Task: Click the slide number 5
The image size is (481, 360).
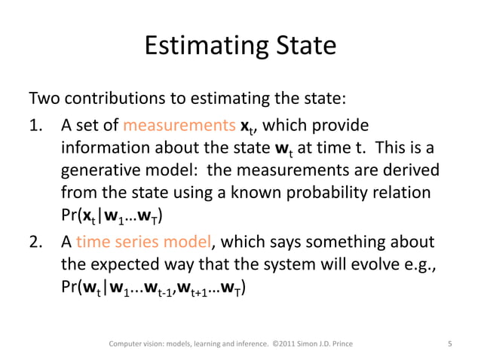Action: click(449, 345)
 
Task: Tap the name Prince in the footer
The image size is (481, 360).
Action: click(337, 345)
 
